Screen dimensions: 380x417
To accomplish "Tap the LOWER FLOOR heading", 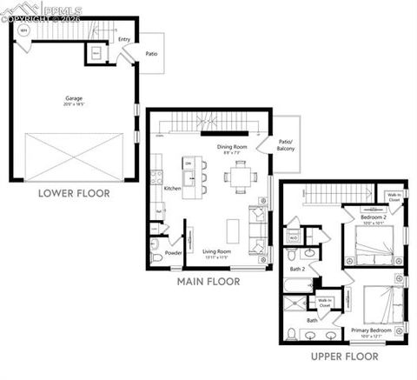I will click(x=74, y=193).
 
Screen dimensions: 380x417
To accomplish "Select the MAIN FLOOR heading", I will click(x=208, y=282).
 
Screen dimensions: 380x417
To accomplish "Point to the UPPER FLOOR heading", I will click(x=346, y=357).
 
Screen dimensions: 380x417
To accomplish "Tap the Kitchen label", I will click(x=172, y=188).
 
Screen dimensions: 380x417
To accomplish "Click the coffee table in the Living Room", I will click(x=232, y=230).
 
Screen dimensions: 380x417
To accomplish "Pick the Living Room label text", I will click(x=215, y=253).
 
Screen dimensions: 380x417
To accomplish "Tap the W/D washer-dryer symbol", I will click(x=294, y=236).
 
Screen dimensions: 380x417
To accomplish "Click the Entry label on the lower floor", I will click(x=124, y=38).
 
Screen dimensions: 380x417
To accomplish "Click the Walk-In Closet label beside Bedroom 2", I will click(x=394, y=197).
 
